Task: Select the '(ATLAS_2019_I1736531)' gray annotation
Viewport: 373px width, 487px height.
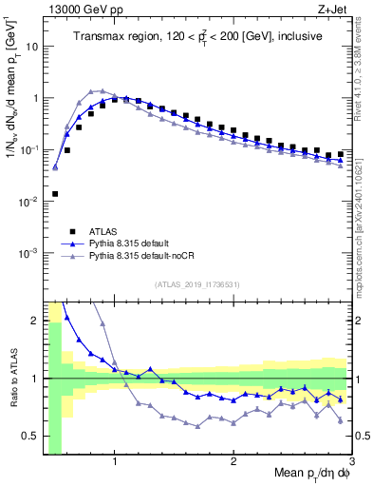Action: [x=197, y=284]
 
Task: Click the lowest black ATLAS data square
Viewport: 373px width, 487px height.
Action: [x=55, y=194]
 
